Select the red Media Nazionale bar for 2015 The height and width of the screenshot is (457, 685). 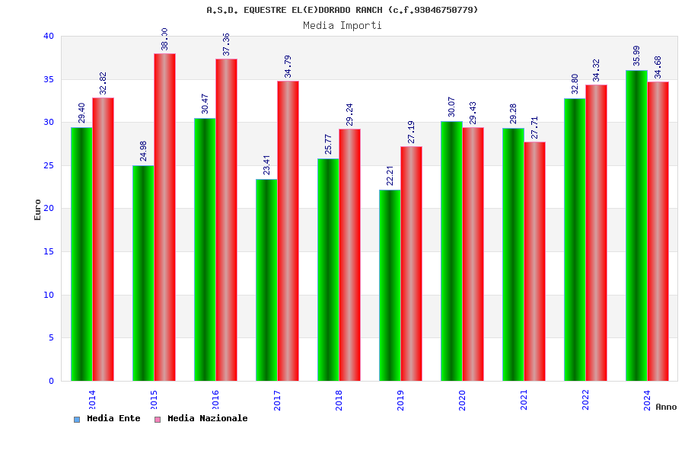coord(164,217)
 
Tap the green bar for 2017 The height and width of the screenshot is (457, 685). coord(266,280)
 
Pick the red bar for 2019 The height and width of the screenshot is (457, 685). coord(411,264)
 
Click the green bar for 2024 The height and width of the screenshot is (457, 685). coord(636,225)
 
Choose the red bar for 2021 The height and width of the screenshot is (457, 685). coord(534,261)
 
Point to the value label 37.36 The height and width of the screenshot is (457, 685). coord(226,44)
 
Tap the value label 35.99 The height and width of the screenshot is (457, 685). coord(636,56)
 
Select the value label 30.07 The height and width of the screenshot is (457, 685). coord(451,107)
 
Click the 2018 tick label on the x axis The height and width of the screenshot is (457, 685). coord(339,400)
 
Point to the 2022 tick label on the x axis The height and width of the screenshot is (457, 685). coord(585,400)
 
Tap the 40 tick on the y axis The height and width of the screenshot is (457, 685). coord(49,36)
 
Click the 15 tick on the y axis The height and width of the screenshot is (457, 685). coord(49,251)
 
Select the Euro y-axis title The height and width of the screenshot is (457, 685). coord(38,209)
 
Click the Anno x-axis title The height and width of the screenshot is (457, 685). coord(665,407)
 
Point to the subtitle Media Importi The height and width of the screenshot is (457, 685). coord(342,25)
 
